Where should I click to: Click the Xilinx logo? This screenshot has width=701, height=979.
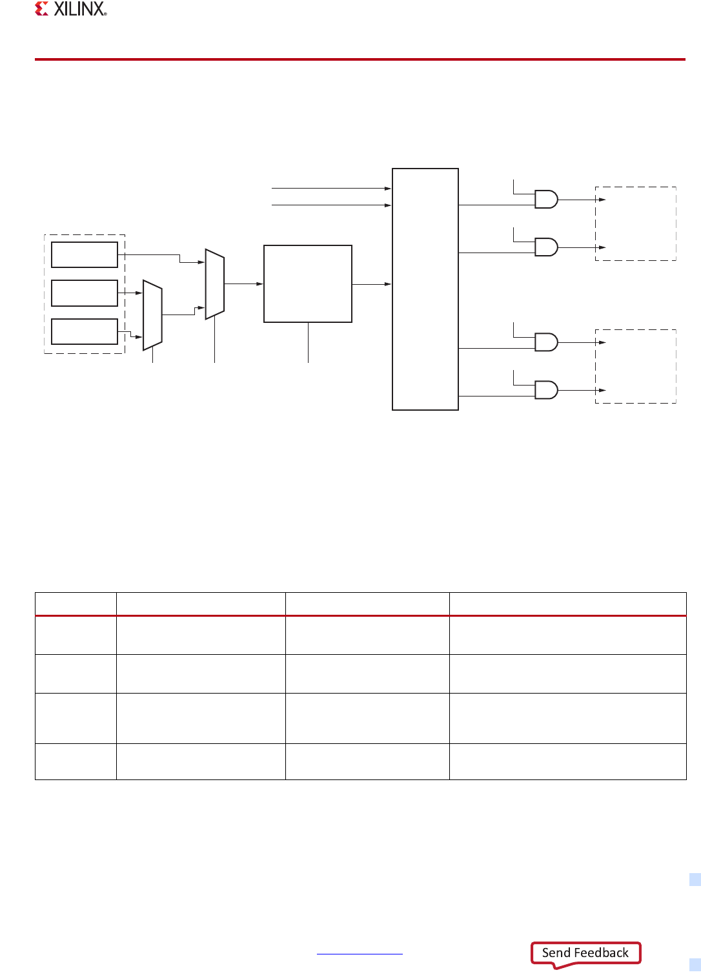pyautogui.click(x=71, y=9)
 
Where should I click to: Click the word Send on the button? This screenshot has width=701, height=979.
pyautogui.click(x=556, y=953)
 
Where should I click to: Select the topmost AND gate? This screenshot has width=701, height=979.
pyautogui.click(x=546, y=199)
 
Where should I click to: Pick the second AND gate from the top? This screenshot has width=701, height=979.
pyautogui.click(x=546, y=247)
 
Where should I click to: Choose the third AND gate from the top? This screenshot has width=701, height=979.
pyautogui.click(x=546, y=342)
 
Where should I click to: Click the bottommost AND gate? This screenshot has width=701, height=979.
pyautogui.click(x=546, y=390)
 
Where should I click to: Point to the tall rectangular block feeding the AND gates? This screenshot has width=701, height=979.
pyautogui.click(x=425, y=289)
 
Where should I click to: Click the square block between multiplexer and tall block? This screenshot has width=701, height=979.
pyautogui.click(x=308, y=283)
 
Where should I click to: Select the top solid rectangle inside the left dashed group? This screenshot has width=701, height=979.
pyautogui.click(x=85, y=254)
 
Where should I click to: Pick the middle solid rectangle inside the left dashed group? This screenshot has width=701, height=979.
pyautogui.click(x=85, y=293)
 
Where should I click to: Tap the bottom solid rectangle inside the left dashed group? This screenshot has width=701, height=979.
pyautogui.click(x=85, y=331)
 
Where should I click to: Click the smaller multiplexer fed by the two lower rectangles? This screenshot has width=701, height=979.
pyautogui.click(x=152, y=315)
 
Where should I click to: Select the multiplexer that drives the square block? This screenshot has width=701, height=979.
pyautogui.click(x=215, y=284)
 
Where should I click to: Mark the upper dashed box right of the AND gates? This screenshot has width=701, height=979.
pyautogui.click(x=635, y=223)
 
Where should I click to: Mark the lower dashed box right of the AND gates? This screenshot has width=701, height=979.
pyautogui.click(x=635, y=366)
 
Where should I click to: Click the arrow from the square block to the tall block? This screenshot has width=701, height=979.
pyautogui.click(x=372, y=284)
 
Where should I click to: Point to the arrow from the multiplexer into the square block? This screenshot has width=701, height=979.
pyautogui.click(x=244, y=283)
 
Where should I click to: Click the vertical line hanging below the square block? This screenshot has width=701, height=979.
pyautogui.click(x=308, y=342)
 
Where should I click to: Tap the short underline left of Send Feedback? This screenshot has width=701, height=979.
pyautogui.click(x=360, y=954)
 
